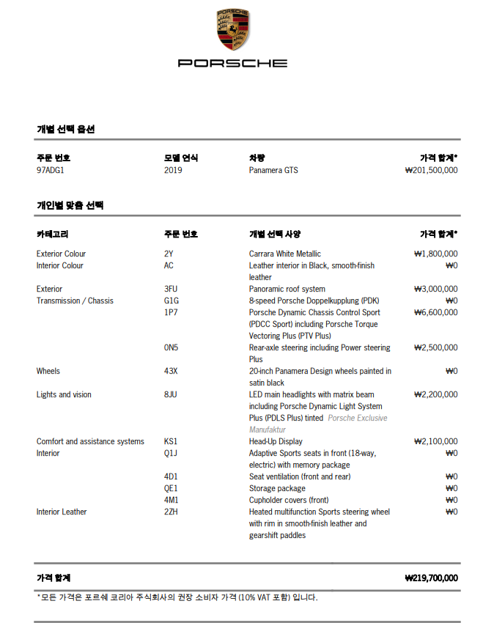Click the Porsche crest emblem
coord(232,30)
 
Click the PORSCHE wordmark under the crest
coord(232,64)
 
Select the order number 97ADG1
coord(50,170)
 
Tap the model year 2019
coord(173,170)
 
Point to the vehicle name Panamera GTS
coord(273,170)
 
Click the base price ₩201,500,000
coord(431,170)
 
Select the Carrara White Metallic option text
coord(284,254)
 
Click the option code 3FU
coord(172,289)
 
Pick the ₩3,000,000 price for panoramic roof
coord(435,289)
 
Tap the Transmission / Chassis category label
coord(75,301)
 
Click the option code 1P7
coord(170,312)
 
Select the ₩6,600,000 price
coord(435,312)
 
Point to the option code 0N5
coord(171,347)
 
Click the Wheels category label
coord(48,371)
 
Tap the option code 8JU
coord(171,394)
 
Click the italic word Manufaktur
coord(268,430)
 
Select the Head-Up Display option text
coord(276,441)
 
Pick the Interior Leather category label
coord(62,512)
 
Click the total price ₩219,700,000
coord(431,578)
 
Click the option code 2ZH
coord(171,512)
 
